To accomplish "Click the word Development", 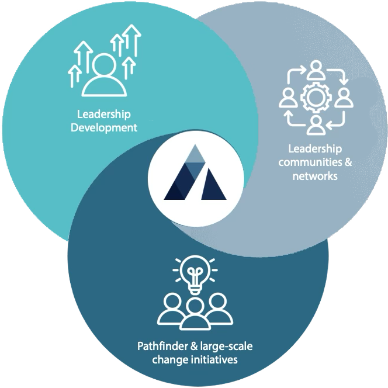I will click(104, 127).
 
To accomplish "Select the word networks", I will click(315, 175).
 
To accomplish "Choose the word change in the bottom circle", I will click(167, 360).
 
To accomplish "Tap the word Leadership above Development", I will click(104, 113).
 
